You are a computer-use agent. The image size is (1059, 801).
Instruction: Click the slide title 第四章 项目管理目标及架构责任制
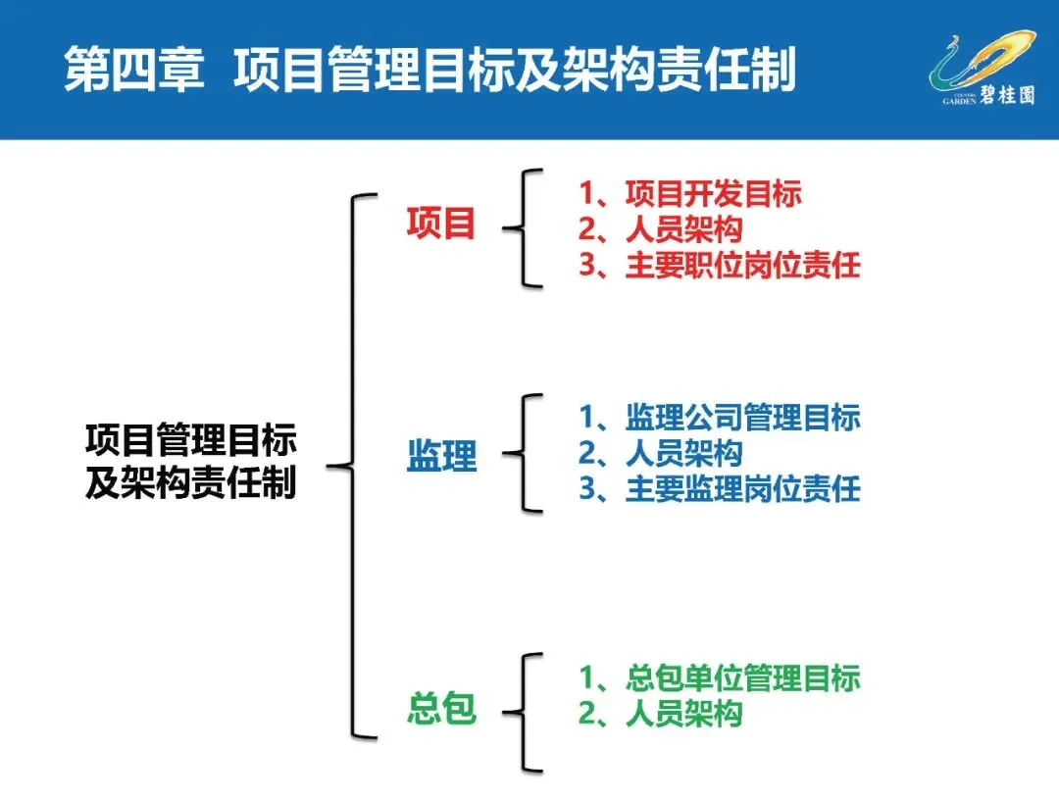coord(429,72)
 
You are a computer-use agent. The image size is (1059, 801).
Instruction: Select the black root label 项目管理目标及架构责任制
coord(190,461)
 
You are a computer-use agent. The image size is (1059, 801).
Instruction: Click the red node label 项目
coord(441,225)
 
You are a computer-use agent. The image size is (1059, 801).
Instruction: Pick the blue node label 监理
coord(441,456)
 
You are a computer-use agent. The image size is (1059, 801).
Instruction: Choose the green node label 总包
coord(441,709)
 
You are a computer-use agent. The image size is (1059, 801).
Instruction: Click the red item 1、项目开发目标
coord(689,194)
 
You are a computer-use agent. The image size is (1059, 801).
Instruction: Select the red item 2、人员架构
coord(660,229)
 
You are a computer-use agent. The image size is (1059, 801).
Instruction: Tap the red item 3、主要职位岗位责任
coord(719,266)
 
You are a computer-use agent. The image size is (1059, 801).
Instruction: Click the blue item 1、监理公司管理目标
coord(719,418)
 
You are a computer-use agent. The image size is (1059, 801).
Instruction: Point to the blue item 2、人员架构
coord(660,453)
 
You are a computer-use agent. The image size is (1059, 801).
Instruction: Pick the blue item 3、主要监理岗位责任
coord(719,488)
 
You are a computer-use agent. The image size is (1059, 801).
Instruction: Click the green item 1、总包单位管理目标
coord(719,677)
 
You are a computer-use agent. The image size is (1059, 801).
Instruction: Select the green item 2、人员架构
coord(660,714)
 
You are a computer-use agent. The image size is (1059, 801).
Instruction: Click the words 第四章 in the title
coord(134,72)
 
